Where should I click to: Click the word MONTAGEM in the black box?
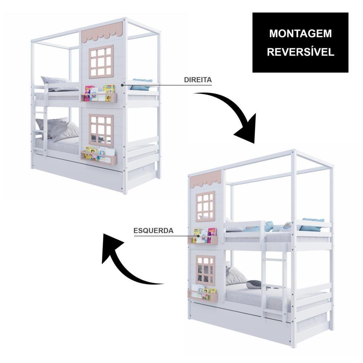click(301, 33)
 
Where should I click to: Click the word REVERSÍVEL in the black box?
click(301, 52)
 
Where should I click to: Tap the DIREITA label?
click(198, 80)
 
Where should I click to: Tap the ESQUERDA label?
click(154, 231)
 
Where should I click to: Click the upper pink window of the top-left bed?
click(101, 62)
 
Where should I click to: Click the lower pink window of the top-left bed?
click(101, 131)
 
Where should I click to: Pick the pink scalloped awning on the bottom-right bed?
click(205, 179)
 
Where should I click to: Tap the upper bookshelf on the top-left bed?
click(99, 94)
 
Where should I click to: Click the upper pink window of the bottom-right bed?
click(205, 206)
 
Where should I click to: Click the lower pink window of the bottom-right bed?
click(205, 270)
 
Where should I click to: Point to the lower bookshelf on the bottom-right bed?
click(203, 293)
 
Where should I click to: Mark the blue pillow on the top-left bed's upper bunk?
click(141, 84)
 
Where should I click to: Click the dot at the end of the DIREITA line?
click(122, 85)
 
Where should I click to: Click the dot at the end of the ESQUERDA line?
click(195, 236)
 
